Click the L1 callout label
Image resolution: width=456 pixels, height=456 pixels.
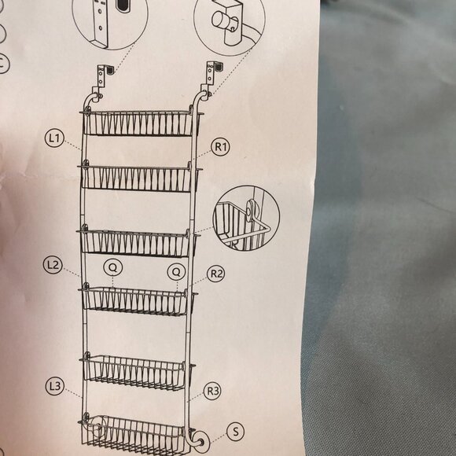tap(54, 138)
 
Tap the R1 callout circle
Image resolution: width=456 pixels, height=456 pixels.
tap(220, 147)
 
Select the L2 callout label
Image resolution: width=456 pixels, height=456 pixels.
tap(53, 265)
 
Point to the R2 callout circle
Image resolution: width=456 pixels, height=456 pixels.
tap(216, 274)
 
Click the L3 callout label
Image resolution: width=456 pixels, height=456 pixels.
tap(55, 386)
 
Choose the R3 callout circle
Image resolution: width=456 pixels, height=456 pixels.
tap(212, 392)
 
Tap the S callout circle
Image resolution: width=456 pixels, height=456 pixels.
tap(235, 432)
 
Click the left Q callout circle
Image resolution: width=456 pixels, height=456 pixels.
tap(113, 267)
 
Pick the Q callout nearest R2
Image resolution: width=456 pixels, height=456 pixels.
tap(176, 271)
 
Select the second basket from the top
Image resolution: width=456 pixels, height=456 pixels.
tap(140, 178)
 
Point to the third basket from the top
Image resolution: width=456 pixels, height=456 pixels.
tap(138, 242)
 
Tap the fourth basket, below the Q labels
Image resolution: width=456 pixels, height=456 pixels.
tap(136, 300)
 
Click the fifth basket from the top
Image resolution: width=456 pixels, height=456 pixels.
tap(136, 372)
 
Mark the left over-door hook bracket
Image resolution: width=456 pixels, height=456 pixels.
tap(102, 77)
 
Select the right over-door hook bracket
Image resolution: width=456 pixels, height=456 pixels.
tap(211, 75)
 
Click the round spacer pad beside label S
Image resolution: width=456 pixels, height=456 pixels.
tap(200, 443)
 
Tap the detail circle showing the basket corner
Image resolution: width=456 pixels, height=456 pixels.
tap(246, 219)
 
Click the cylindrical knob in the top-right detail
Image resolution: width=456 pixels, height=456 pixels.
tap(222, 20)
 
